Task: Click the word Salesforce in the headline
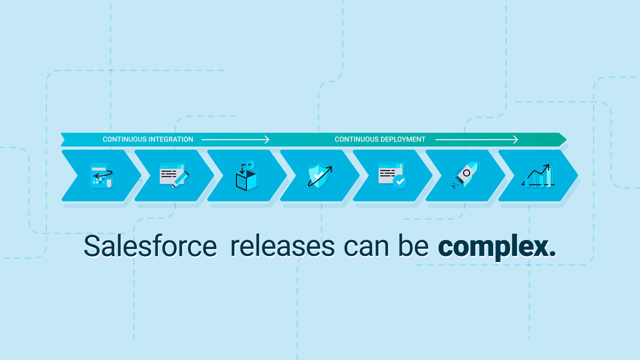point(150,246)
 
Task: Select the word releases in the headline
point(282,246)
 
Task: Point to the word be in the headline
point(413,246)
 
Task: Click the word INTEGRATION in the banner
point(170,139)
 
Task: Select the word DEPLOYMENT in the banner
point(403,139)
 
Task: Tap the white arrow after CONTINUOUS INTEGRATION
point(235,140)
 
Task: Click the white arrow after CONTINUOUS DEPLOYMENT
point(477,140)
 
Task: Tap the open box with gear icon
point(247,177)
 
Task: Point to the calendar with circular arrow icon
point(102,176)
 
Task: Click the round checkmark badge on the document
point(400,182)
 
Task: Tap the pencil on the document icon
point(181,179)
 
